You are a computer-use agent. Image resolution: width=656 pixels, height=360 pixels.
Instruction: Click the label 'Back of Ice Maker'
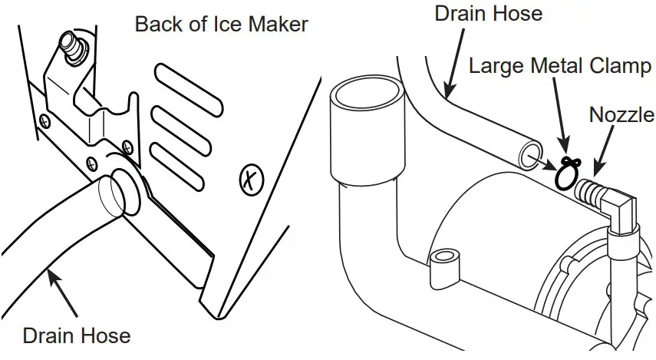pos(221,25)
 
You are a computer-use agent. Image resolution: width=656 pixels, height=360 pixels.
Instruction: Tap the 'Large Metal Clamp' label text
pos(560,66)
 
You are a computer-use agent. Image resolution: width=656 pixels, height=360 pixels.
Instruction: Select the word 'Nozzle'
pos(621,115)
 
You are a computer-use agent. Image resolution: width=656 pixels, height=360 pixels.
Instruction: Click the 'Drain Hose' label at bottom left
pos(77,335)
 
